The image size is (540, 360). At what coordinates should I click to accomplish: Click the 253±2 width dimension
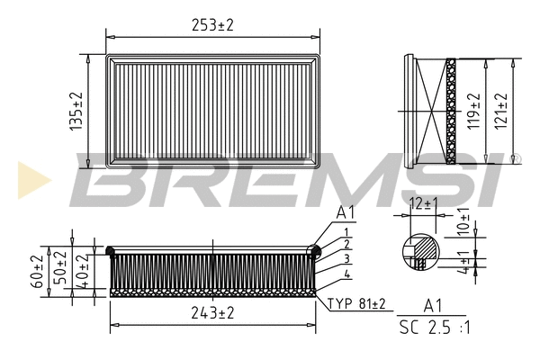(x=212, y=25)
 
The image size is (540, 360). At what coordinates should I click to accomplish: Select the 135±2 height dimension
(x=78, y=112)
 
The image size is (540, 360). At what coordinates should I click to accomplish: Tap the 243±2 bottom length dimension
(x=212, y=313)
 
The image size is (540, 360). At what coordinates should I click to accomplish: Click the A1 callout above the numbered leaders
(x=346, y=212)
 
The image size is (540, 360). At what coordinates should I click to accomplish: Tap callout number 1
(x=346, y=232)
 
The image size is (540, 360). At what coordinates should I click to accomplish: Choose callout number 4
(x=346, y=273)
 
